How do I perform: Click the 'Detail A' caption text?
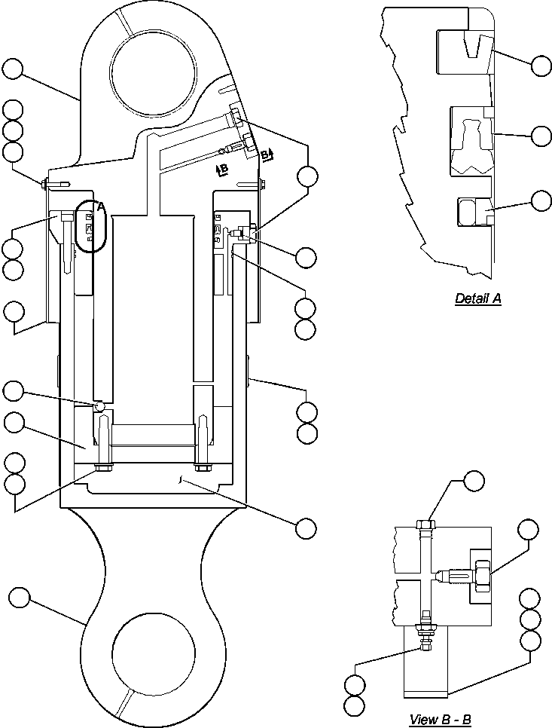point(477,298)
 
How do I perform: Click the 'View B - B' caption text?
point(440,719)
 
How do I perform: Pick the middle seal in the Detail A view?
point(471,140)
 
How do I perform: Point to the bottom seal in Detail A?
point(473,211)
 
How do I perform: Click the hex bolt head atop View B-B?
point(425,524)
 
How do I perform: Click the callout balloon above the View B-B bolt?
point(474,481)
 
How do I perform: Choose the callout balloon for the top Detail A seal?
point(541,66)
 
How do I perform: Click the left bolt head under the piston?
point(102,470)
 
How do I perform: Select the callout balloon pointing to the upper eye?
point(13,69)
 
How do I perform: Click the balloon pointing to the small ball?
point(14,390)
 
